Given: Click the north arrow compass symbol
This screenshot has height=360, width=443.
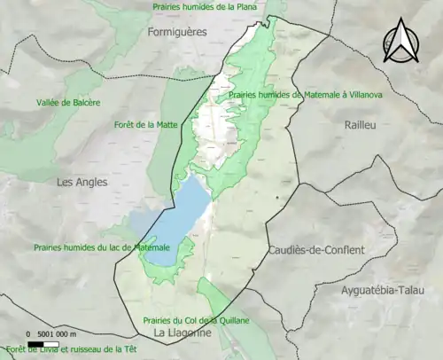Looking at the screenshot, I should point(400,41).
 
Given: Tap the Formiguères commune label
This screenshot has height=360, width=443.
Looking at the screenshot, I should point(176,31).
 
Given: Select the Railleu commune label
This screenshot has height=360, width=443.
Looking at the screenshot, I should point(361,125).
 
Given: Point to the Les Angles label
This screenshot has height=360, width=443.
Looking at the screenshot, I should point(82,182).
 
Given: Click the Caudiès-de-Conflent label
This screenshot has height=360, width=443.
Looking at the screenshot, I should point(315,250).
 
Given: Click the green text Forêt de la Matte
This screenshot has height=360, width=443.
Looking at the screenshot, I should point(146,125).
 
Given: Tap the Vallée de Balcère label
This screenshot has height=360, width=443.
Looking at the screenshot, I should point(68,102).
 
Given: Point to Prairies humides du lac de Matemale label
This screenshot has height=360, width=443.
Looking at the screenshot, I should point(101,247).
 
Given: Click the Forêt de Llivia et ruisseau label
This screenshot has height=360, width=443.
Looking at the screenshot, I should point(74,349).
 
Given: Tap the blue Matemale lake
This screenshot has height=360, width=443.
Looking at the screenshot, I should point(173,217).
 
